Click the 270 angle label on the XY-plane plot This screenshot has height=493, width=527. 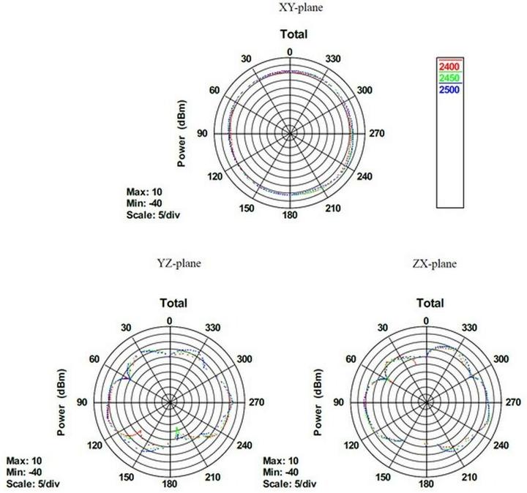point(377,134)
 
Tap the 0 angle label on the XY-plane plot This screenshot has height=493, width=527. point(290,51)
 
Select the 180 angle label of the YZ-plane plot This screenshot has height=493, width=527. point(170,485)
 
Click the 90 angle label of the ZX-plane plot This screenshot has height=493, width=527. point(338,402)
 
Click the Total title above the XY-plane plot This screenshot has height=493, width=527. point(294,34)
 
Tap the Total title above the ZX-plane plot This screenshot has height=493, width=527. point(429,303)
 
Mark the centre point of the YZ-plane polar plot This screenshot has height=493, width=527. point(170,402)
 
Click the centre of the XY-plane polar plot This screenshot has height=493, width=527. point(291,133)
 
